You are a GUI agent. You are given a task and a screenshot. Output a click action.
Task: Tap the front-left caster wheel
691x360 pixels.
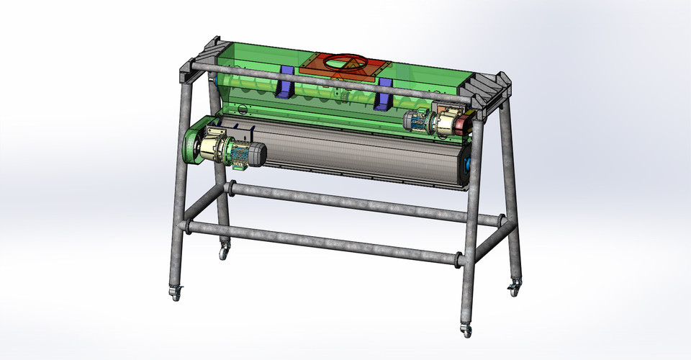[175, 292]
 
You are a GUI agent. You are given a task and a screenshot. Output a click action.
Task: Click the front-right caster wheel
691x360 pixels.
[466, 330]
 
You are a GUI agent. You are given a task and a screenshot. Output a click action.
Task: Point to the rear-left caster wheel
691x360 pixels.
[225, 253]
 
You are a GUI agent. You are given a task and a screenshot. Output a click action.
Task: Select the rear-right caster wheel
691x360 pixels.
[513, 289]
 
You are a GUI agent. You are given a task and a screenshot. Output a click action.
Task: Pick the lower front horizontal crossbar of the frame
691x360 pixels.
[324, 242]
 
